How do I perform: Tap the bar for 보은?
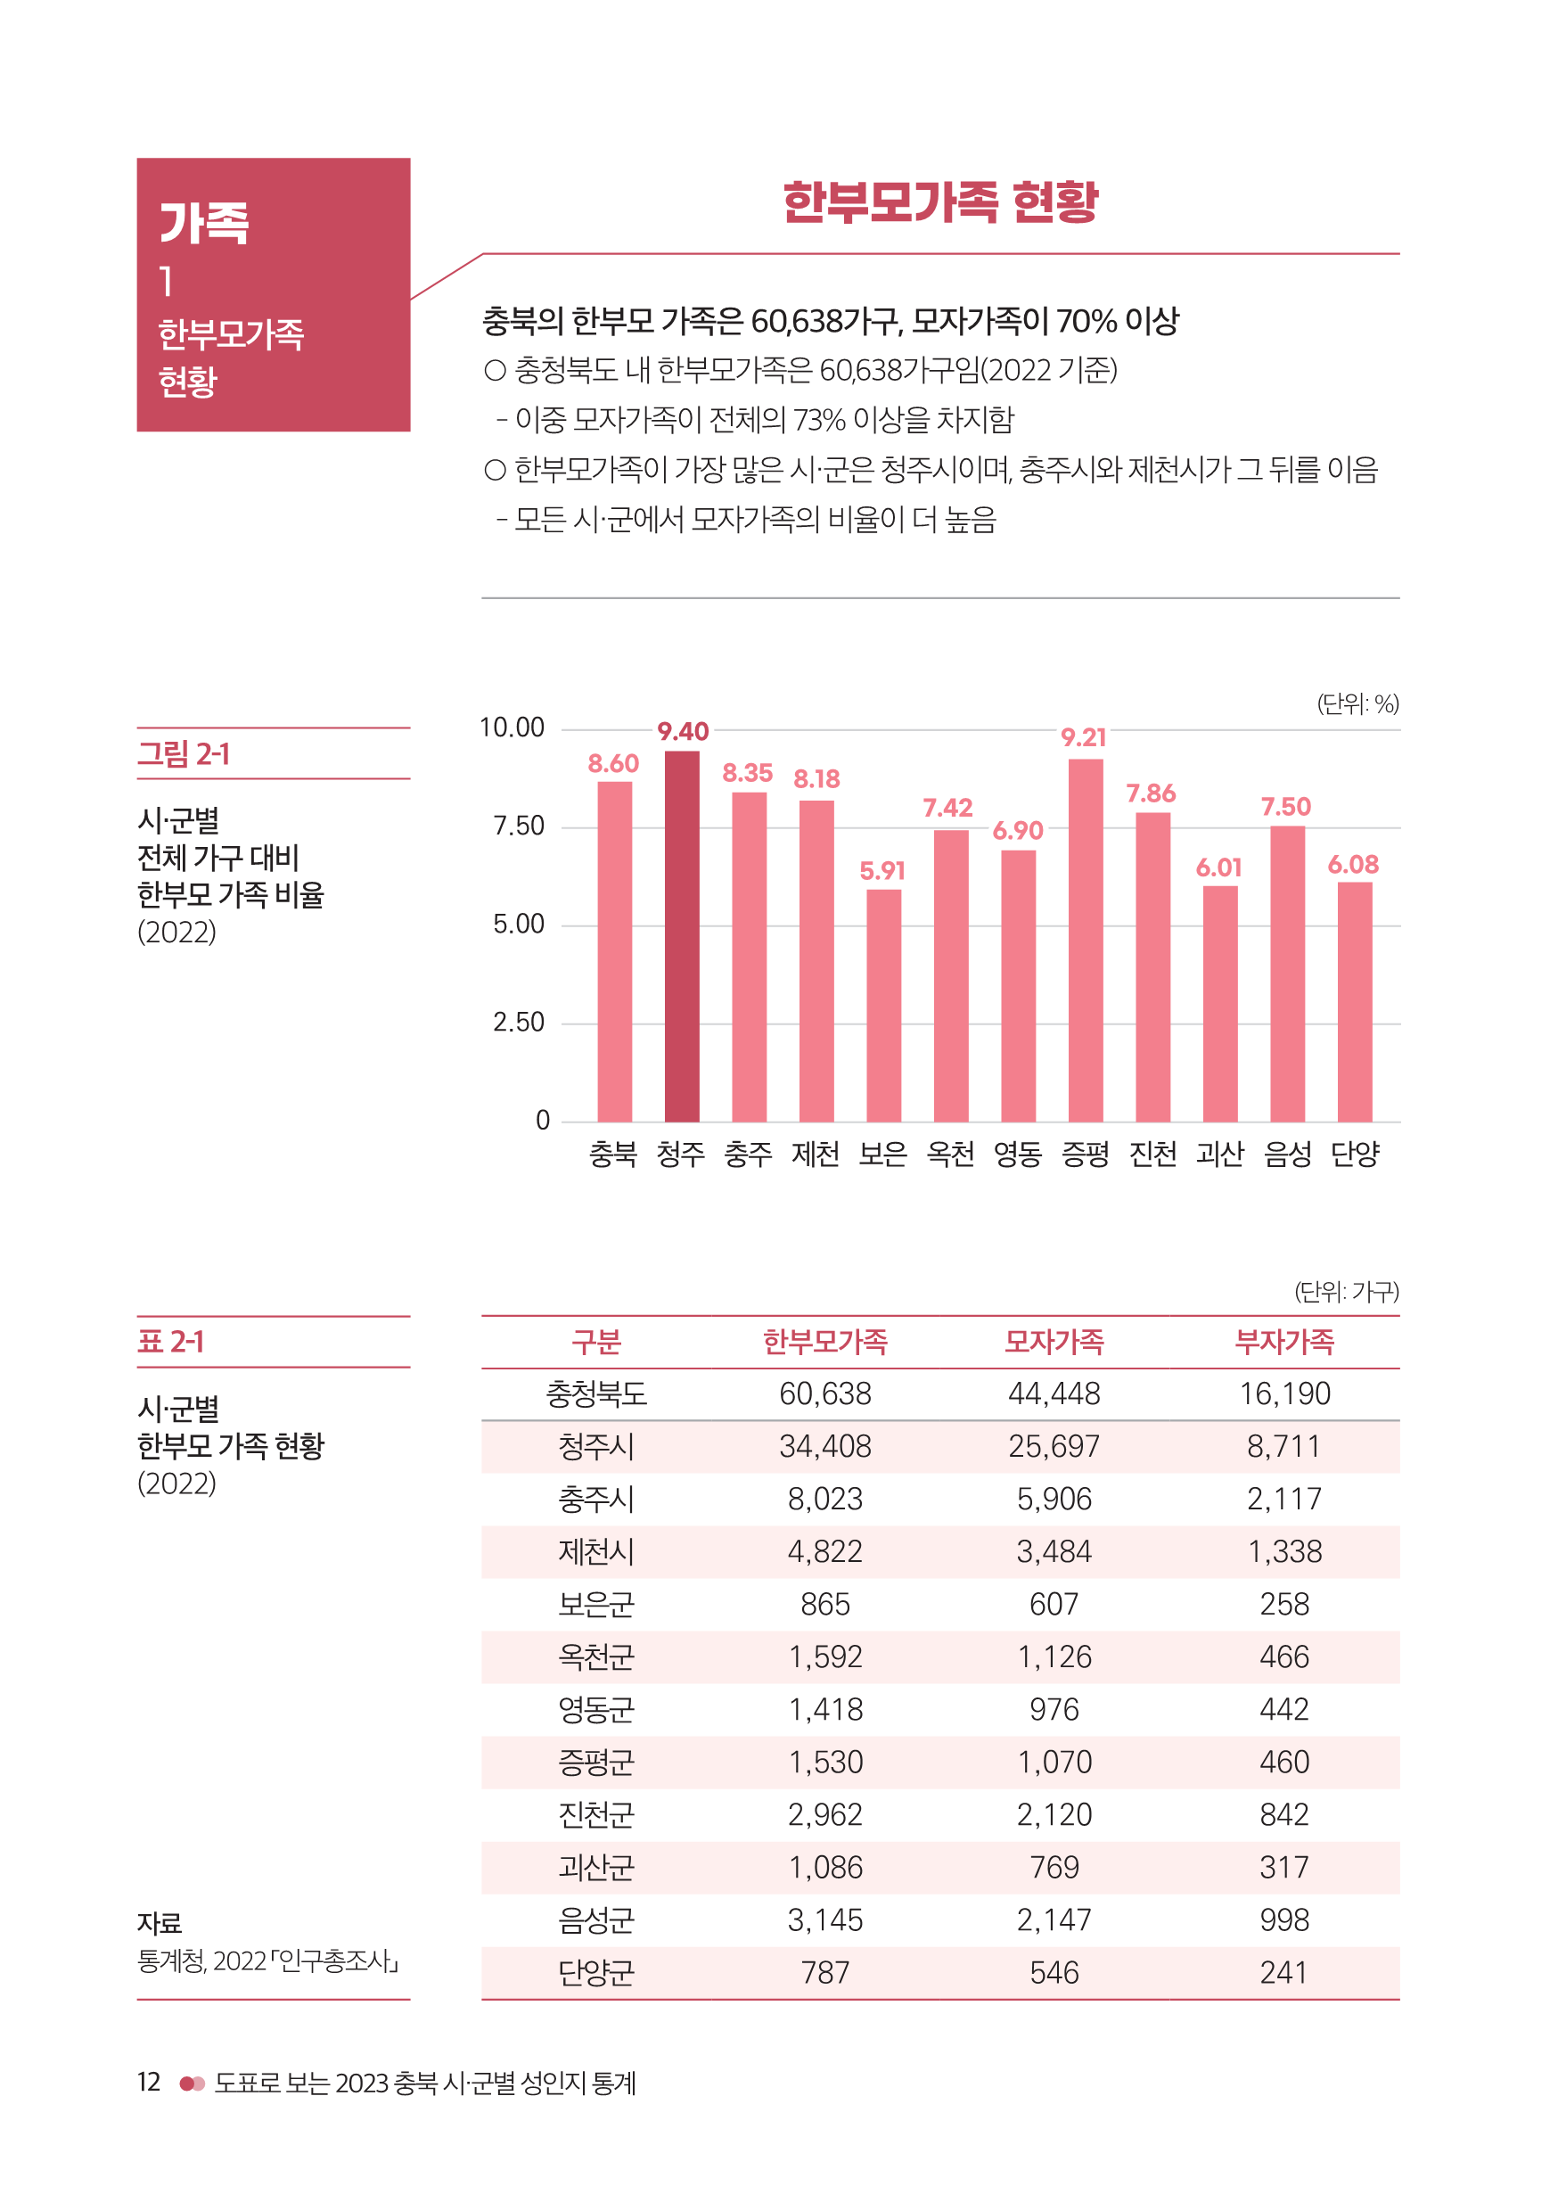point(883,1006)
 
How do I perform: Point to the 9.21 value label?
point(1083,737)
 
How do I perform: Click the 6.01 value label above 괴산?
point(1218,867)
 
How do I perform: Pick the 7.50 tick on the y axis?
point(518,826)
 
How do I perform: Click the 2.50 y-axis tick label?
point(518,1023)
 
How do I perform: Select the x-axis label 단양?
point(1354,1154)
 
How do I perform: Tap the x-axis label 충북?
point(613,1154)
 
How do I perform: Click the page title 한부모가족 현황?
point(939,203)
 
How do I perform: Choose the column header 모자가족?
point(1054,1342)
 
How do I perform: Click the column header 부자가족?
point(1283,1342)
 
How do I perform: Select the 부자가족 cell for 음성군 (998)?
point(1283,1920)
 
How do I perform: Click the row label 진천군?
point(596,1815)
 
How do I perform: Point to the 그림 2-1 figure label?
point(184,754)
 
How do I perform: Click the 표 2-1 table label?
point(170,1342)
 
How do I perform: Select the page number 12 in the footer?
point(148,2082)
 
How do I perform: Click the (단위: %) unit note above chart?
point(1357,704)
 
